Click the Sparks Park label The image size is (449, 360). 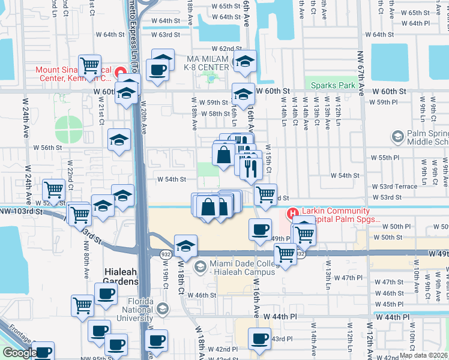point(330,85)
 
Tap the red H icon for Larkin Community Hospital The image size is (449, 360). point(292,213)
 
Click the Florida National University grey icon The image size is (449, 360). point(161,309)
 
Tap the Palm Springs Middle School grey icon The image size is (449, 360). point(397,137)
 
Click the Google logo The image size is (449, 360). point(19,353)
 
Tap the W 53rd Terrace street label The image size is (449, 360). point(394,187)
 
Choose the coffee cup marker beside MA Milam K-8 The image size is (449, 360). point(158,68)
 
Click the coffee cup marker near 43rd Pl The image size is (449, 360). point(259,338)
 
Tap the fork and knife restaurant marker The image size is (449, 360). point(251,167)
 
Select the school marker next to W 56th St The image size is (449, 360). point(119,140)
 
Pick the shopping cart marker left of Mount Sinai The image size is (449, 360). point(89,64)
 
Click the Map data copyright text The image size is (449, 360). point(424,355)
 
